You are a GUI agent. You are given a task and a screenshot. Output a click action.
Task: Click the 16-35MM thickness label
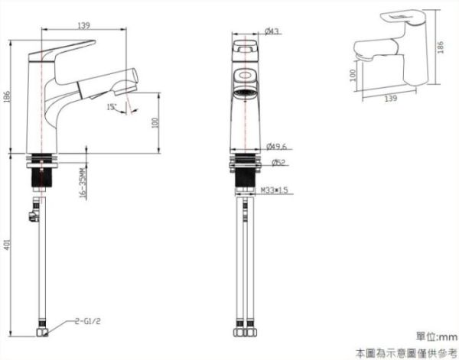pos(82,184)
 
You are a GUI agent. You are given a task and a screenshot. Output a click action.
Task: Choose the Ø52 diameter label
pos(279,162)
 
